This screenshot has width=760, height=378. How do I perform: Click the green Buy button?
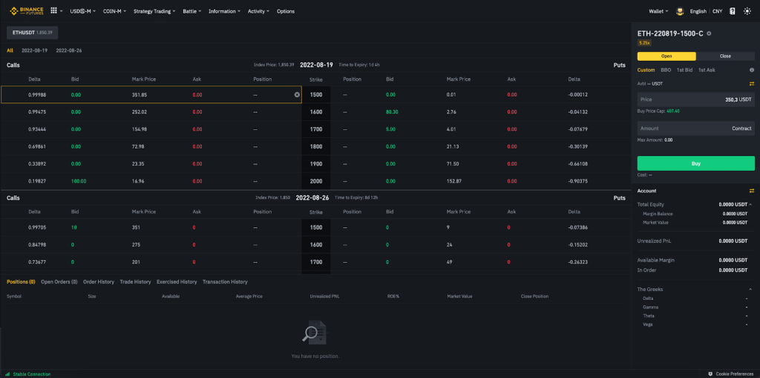pos(695,163)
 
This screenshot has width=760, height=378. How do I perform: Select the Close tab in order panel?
pos(725,56)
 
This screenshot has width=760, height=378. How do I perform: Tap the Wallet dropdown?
pos(658,11)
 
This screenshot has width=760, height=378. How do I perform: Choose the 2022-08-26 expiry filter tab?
pos(69,50)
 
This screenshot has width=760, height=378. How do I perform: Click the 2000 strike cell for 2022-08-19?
pos(316,180)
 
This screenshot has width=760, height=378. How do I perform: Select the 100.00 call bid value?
pos(79,180)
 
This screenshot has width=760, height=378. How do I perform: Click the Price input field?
pos(695,99)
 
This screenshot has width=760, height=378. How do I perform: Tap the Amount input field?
pos(695,128)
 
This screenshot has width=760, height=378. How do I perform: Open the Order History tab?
pos(99,282)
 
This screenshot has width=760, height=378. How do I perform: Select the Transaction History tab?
pos(225,282)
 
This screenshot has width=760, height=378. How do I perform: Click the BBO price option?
pos(666,70)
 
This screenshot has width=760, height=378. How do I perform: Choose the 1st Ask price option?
pos(707,70)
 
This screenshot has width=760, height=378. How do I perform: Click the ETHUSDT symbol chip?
pos(33,33)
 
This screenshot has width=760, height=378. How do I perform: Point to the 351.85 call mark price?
pos(140,95)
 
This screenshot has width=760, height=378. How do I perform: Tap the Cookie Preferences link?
pos(734,374)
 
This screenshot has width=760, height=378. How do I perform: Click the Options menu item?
pos(286,11)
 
